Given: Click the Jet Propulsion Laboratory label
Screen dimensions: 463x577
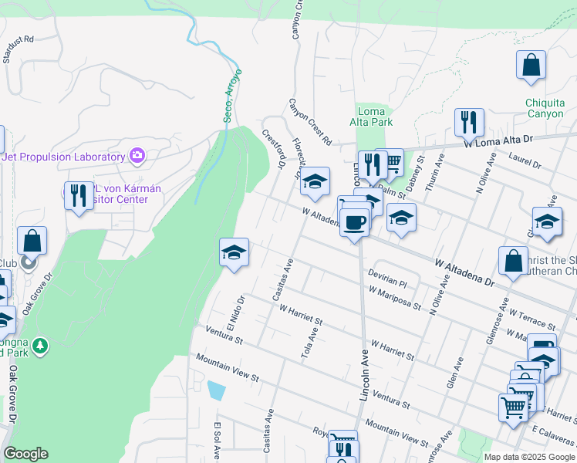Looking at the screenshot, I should [x=63, y=157].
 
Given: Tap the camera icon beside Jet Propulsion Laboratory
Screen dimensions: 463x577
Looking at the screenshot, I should [x=137, y=157].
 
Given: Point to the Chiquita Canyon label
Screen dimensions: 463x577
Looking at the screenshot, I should [x=545, y=108].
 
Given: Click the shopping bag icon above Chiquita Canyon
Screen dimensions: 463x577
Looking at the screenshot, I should [x=531, y=66].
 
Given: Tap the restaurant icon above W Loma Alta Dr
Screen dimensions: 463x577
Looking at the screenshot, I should [x=468, y=122].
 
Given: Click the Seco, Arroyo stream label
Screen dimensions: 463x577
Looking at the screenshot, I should [x=233, y=94].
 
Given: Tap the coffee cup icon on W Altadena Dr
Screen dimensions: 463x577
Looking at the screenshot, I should [x=354, y=222].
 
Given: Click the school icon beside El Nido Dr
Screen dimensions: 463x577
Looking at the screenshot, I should [x=234, y=252].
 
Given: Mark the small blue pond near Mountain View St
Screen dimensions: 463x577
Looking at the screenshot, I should [x=217, y=390].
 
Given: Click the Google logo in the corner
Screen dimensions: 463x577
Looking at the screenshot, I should [x=25, y=454].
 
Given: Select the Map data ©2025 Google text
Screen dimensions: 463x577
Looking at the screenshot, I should [x=529, y=457].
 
